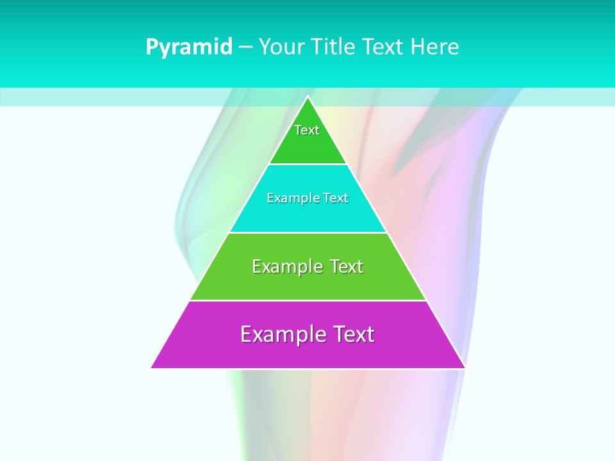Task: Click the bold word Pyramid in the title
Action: [x=189, y=47]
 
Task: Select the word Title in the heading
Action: [x=332, y=47]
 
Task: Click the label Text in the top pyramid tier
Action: [x=307, y=130]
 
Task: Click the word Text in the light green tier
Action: [x=346, y=266]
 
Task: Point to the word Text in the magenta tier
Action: [x=353, y=334]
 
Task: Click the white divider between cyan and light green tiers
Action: [x=307, y=232]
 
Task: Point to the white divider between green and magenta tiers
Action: [x=307, y=300]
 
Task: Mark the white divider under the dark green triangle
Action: [x=307, y=165]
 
